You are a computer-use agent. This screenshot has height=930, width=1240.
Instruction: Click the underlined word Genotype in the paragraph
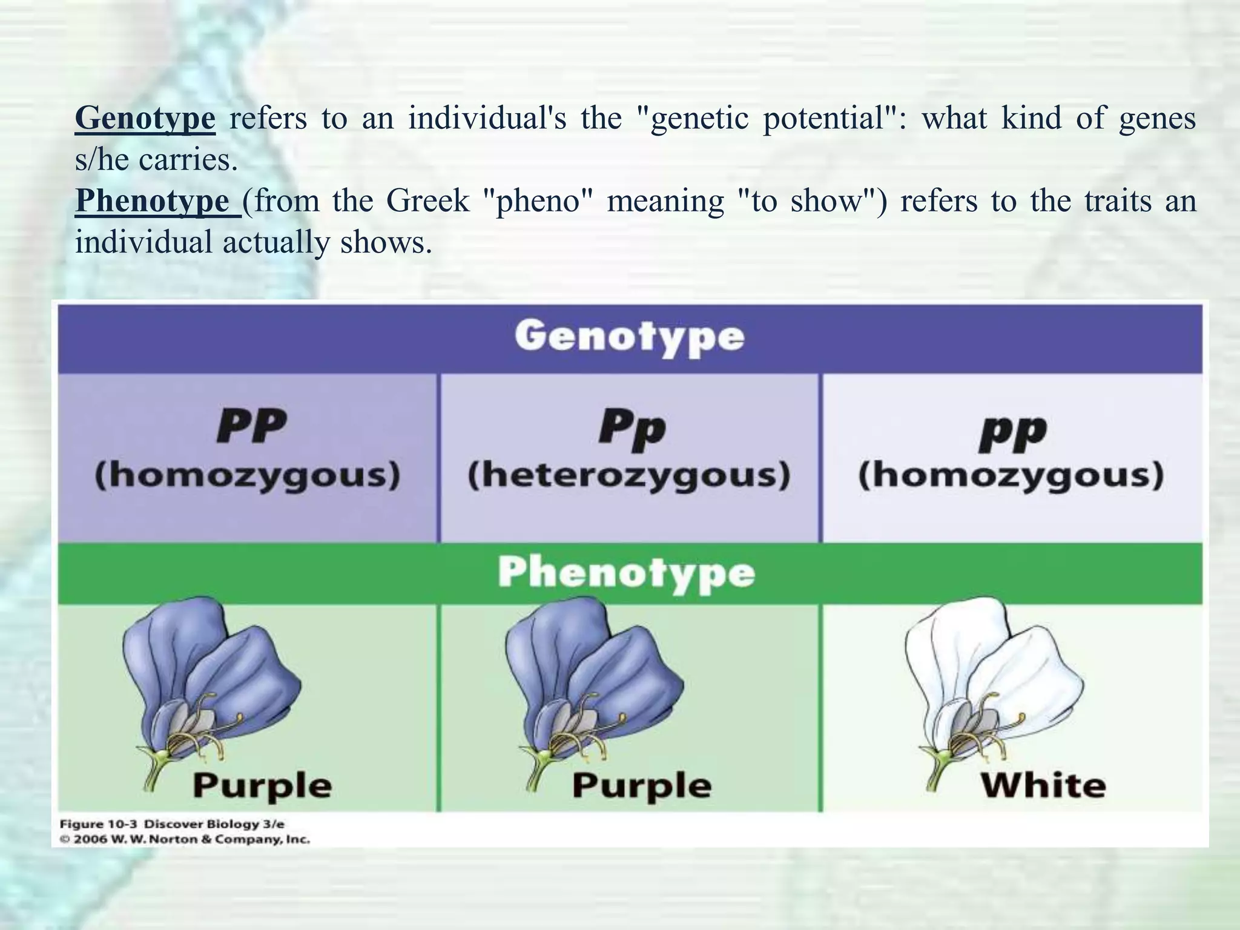point(145,118)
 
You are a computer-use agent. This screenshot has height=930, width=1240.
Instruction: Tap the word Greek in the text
point(428,201)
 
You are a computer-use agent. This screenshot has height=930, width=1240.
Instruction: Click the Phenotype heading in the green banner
point(627,572)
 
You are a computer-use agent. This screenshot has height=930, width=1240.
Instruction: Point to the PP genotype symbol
point(252,427)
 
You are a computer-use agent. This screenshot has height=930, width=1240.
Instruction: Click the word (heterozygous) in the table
point(629,475)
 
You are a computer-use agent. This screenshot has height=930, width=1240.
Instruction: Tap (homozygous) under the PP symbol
point(248,475)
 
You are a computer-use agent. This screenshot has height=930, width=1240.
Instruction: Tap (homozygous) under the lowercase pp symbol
point(1011,475)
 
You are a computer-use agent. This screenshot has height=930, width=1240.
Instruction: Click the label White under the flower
point(1043,786)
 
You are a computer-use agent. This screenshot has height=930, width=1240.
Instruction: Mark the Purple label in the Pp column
point(641,786)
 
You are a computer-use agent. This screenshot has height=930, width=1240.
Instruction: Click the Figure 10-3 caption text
point(172,824)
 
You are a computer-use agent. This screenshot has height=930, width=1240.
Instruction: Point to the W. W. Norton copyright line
point(185,840)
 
